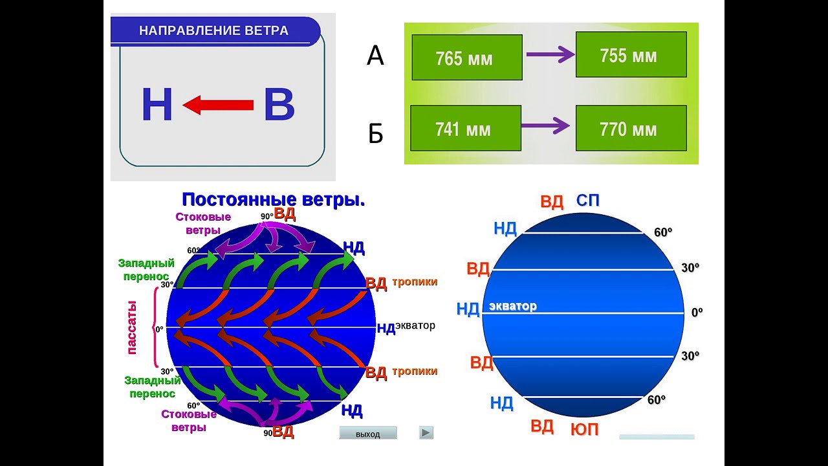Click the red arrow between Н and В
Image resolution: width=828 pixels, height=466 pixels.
218,105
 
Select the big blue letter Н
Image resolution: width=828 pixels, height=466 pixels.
157,105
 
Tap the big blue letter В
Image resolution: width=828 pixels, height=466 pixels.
279,105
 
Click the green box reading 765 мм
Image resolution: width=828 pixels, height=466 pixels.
466,58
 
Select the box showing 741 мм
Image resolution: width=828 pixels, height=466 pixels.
465,129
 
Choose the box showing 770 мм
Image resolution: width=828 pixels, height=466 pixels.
630,129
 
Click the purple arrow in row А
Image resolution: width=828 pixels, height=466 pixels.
550,55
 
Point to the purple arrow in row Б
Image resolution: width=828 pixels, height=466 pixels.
545,126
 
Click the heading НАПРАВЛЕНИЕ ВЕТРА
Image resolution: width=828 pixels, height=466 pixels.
214,30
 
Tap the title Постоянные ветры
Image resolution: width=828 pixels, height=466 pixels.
274,199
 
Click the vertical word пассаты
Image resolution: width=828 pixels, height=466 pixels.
132,327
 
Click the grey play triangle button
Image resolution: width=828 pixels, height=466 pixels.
426,433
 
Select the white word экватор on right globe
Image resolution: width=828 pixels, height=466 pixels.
513,306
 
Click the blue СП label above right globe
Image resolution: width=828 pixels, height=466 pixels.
588,201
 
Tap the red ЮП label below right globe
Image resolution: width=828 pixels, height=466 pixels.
585,428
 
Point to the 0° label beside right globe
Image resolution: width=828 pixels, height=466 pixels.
697,313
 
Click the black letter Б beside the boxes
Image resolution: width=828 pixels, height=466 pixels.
376,134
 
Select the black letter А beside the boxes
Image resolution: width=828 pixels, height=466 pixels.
375,56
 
